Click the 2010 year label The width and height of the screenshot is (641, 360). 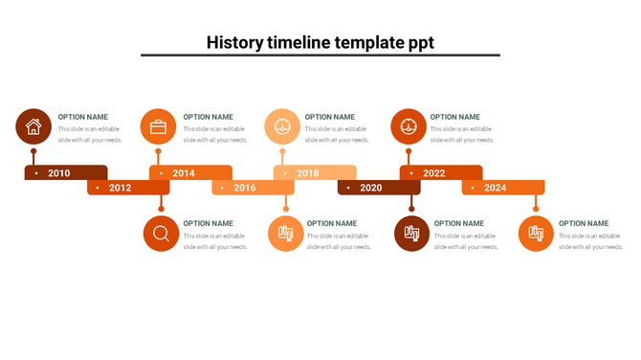[59, 173]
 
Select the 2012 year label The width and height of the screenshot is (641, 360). [120, 188]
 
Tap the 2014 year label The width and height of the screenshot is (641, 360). [184, 173]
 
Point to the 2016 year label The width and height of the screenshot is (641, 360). [245, 188]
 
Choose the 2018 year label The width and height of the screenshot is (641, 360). [308, 173]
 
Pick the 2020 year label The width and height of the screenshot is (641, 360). [371, 188]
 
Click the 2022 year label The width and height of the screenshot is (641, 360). [434, 173]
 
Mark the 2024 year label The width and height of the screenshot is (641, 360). [496, 188]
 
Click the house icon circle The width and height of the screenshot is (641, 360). [33, 126]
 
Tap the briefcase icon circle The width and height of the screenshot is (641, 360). [158, 126]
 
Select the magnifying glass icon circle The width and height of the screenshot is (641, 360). [161, 234]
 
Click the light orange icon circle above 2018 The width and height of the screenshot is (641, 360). [282, 126]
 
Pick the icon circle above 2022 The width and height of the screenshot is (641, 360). [409, 126]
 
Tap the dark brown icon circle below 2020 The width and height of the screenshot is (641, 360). [411, 234]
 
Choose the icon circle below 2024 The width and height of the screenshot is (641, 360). [536, 234]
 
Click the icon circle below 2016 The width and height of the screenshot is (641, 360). [285, 234]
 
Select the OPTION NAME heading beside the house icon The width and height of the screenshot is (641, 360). [83, 117]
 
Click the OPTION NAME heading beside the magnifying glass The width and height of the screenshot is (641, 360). [209, 223]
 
